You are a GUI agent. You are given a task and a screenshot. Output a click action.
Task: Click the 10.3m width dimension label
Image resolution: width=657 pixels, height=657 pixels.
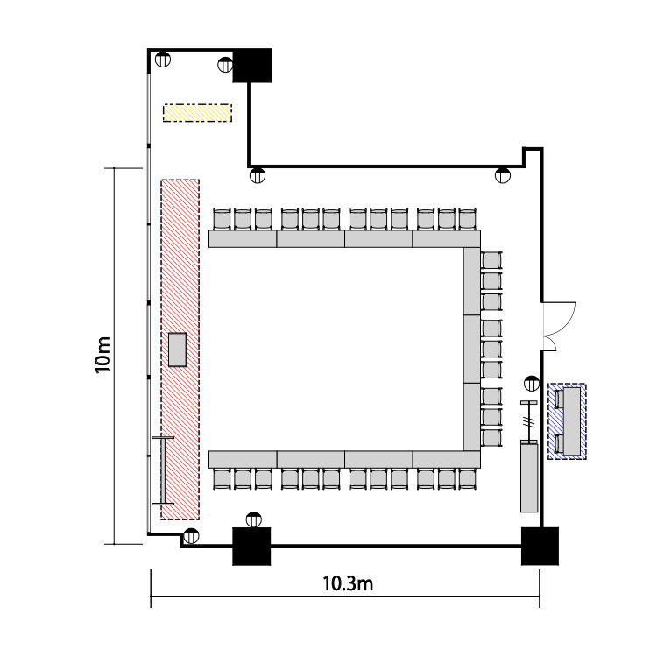pos(348,583)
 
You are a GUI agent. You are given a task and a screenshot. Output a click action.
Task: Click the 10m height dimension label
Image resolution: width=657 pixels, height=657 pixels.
pos(103,355)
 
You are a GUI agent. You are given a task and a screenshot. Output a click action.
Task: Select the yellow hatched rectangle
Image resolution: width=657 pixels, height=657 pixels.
pos(197,113)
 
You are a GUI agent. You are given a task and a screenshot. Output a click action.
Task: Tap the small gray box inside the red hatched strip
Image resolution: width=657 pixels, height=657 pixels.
pos(177,350)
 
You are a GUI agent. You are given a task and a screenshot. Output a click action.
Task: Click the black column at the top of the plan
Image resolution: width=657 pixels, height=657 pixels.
pos(252,66)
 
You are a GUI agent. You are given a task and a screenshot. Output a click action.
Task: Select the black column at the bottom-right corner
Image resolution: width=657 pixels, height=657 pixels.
pos(540,546)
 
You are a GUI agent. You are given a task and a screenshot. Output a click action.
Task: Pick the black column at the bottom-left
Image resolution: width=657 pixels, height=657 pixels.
pos(251,547)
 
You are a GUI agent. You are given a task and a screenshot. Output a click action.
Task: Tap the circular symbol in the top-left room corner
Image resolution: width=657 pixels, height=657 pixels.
pos(163,59)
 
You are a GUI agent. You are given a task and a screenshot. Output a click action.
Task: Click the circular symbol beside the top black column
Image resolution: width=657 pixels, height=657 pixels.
pos(225,65)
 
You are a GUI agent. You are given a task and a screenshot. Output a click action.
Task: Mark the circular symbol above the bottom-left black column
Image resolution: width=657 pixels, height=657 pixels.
pos(253,520)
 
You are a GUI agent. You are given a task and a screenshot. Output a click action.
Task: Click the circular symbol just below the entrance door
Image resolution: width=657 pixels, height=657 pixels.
pos(532,384)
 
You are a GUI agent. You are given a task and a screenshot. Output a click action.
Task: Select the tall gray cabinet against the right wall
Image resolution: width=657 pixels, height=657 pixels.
pos(529,476)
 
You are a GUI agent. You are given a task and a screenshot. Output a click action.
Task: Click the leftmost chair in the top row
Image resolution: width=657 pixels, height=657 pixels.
pos(223,219)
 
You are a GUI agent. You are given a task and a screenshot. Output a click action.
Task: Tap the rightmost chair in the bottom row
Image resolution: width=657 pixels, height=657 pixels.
pos(467,479)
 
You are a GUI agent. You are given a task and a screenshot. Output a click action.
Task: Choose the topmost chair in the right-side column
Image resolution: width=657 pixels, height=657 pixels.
pos(491,260)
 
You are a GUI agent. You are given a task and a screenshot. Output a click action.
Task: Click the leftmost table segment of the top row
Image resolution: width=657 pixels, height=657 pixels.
pos(243,239)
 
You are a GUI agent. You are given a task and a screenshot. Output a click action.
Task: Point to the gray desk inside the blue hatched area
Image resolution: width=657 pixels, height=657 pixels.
pos(572,421)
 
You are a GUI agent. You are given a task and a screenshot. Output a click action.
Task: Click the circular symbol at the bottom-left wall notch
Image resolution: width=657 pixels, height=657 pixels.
pos(191,536)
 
